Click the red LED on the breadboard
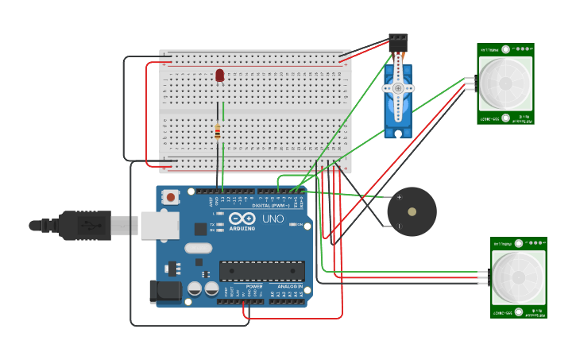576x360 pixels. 220,75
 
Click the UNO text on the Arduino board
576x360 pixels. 273,219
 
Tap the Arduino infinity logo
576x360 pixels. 242,219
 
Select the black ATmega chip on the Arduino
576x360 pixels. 261,271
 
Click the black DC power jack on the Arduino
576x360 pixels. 165,291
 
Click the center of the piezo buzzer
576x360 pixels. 412,212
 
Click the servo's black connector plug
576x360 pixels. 398,40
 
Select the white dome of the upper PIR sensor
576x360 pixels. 505,84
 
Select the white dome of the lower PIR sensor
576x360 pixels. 518,277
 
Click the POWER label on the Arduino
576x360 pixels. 254,286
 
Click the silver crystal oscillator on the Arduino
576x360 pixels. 198,248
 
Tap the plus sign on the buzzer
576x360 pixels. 399,197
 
